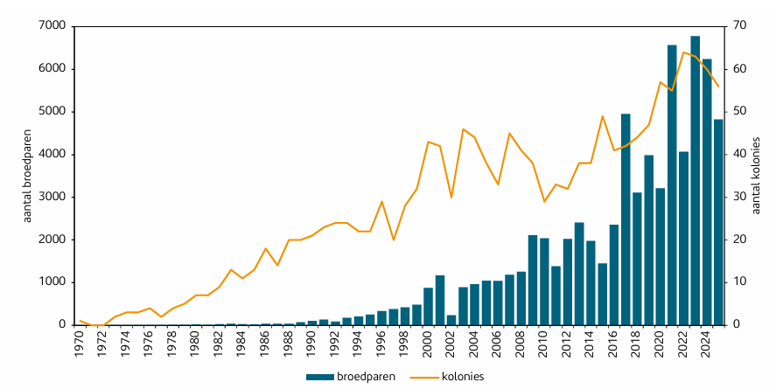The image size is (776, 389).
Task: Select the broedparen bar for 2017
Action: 626,219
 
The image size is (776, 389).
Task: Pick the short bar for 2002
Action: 451,320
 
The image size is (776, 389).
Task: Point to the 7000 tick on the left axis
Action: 52,26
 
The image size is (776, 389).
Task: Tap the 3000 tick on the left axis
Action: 52,197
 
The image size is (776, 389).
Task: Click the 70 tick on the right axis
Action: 738,26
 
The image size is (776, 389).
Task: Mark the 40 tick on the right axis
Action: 738,154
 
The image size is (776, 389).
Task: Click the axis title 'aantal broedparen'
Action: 27,176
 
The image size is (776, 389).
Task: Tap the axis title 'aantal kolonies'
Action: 757,176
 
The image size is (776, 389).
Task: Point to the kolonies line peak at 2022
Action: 683,52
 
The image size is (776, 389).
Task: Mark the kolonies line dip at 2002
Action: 451,197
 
